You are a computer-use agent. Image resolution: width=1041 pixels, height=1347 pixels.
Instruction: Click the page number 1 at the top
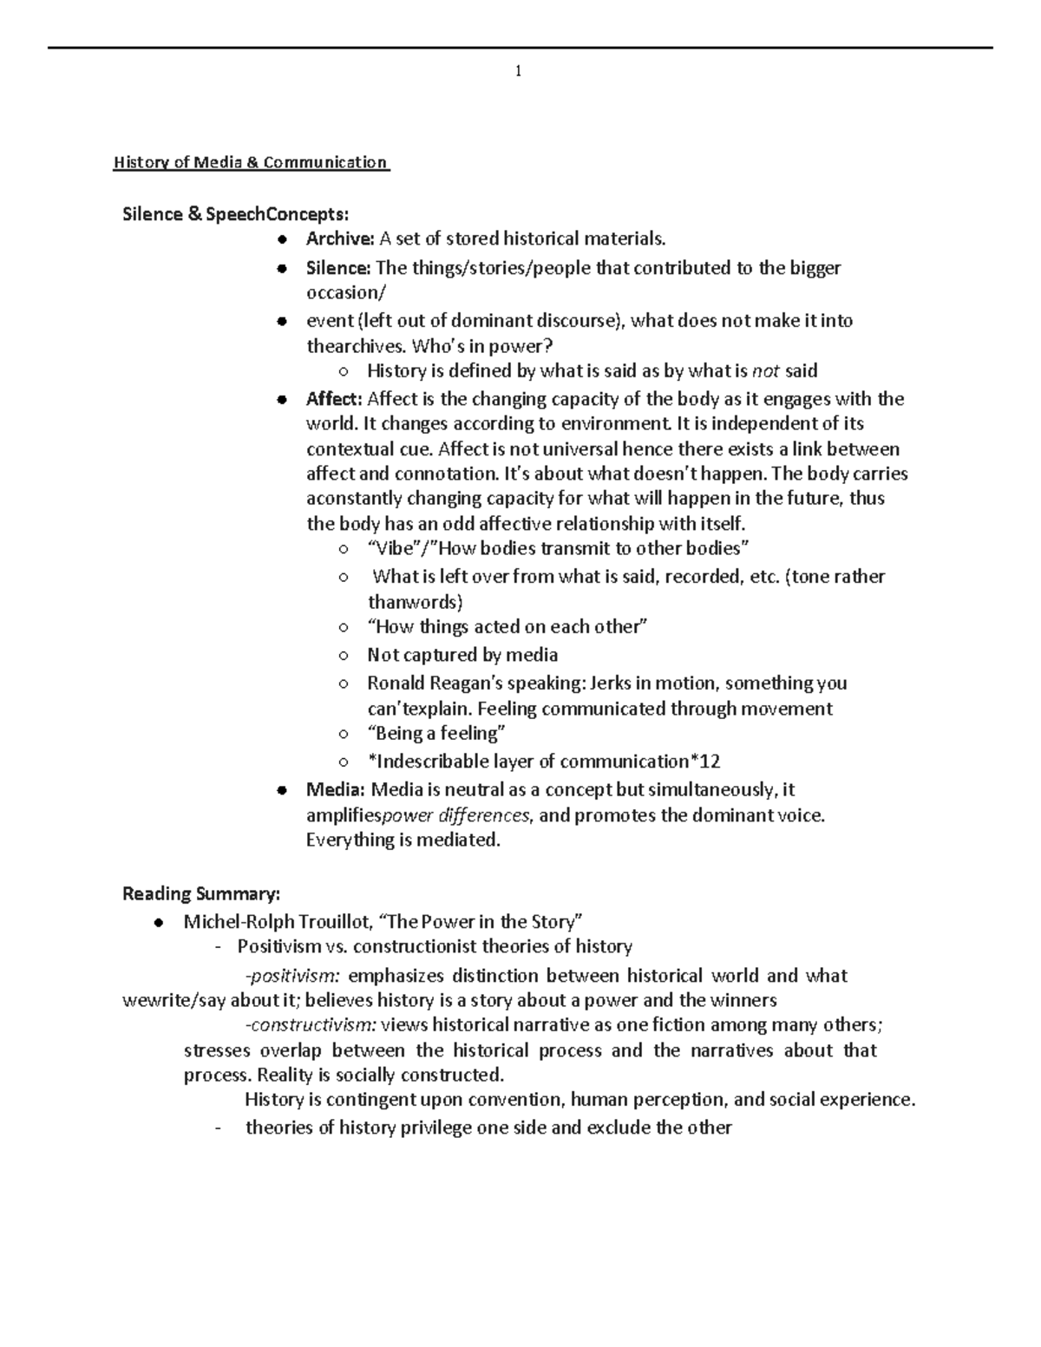518,72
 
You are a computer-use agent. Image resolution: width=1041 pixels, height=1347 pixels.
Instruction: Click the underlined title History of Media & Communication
251,163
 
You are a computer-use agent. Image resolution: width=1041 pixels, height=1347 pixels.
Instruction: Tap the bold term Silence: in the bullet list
338,268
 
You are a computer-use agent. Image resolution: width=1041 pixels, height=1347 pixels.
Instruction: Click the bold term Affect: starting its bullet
334,399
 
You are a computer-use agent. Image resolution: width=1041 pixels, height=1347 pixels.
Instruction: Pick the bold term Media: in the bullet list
335,790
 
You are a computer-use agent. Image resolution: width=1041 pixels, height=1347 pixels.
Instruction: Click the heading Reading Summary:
201,894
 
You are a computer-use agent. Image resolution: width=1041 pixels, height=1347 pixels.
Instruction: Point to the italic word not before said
765,372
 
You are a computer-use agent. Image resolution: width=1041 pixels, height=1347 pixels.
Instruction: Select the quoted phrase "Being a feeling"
435,734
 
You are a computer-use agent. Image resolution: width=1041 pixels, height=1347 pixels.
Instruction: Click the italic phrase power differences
456,816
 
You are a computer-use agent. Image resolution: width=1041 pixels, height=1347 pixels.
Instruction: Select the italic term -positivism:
294,976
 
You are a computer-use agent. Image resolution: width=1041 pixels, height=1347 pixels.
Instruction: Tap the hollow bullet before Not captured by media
344,656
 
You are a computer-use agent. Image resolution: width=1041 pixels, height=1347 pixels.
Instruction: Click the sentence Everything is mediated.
403,840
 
